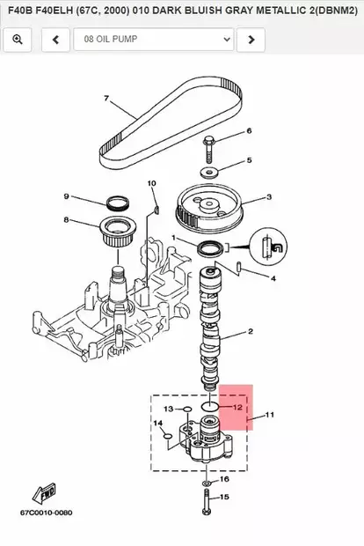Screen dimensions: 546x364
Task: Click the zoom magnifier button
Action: [x=18, y=40]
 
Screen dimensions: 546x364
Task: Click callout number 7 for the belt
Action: [x=106, y=98]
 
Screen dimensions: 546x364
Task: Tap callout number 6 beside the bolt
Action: [x=248, y=131]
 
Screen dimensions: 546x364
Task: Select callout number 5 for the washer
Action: [x=248, y=160]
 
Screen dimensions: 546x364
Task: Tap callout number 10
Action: [x=151, y=183]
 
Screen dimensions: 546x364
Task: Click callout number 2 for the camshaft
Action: [x=251, y=332]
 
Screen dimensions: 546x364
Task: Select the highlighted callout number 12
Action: [x=237, y=407]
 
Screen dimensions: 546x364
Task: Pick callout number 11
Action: [x=269, y=414]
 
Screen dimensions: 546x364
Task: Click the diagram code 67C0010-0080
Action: [x=46, y=513]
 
